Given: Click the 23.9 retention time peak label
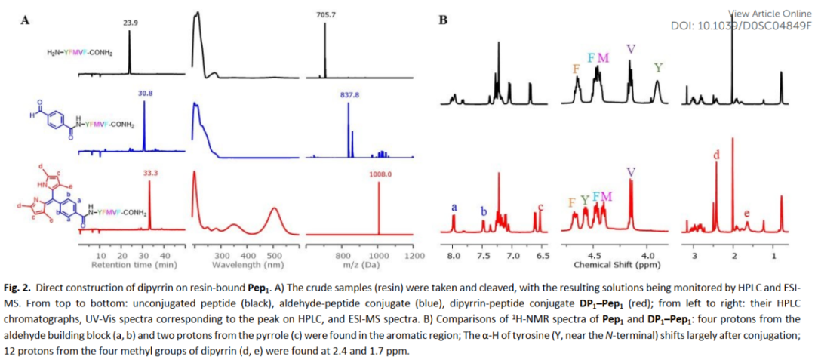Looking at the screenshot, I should [131, 23].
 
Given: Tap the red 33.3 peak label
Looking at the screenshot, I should [149, 173].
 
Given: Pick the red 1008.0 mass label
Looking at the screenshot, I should [380, 174].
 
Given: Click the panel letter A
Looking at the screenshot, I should [25, 20].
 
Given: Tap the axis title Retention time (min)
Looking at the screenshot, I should [134, 265].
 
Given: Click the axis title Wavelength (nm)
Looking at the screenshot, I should [248, 265].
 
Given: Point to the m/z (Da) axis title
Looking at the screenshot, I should [360, 265].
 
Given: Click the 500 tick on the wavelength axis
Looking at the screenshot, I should [274, 257].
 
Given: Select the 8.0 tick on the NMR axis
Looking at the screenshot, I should [454, 257].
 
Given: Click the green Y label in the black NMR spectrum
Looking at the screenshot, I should [659, 68].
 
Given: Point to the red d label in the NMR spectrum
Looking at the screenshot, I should [716, 155].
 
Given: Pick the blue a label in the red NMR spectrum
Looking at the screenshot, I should [454, 207].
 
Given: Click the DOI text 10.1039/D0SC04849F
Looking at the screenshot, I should [741, 26].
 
